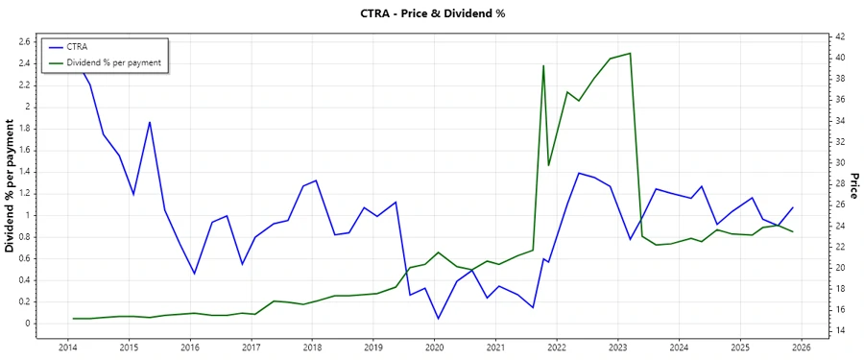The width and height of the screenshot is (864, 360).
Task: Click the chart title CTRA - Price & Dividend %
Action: [x=431, y=13]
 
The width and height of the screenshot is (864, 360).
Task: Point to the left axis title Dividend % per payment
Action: [x=11, y=186]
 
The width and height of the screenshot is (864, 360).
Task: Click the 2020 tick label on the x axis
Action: [x=434, y=347]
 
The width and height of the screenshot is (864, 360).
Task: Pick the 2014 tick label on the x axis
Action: [x=67, y=347]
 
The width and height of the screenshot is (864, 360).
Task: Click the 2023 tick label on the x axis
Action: [x=617, y=347]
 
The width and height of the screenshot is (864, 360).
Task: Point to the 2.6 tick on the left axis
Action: [x=26, y=41]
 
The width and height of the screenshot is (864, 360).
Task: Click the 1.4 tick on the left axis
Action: [x=26, y=172]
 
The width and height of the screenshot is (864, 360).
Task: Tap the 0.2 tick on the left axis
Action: [x=26, y=301]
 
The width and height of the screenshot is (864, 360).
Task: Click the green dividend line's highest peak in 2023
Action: [x=630, y=54]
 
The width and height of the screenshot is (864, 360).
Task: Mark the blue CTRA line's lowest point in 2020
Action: [x=439, y=319]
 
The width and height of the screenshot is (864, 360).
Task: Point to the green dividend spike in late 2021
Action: [x=543, y=66]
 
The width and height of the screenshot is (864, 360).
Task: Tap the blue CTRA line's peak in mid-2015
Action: [x=150, y=122]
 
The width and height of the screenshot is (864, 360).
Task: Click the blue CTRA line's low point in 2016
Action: [x=194, y=274]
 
